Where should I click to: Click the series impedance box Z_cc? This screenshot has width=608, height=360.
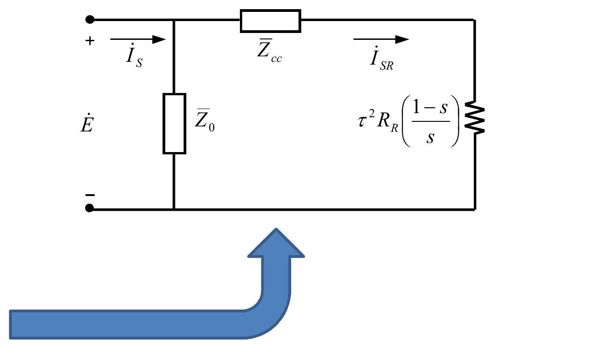point(270,21)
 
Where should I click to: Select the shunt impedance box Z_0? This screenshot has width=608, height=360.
point(174,123)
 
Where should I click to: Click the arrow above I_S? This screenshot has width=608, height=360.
point(137,39)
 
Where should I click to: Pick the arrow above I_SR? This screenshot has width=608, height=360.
point(381,39)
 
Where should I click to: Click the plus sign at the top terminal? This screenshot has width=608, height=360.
point(90,41)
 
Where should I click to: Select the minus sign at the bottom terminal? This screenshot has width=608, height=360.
point(90,195)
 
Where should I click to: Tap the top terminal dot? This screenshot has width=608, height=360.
point(90,20)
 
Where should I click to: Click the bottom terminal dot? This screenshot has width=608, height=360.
point(90,209)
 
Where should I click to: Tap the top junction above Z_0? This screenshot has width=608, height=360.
point(174,20)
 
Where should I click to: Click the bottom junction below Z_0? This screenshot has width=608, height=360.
point(174,209)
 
